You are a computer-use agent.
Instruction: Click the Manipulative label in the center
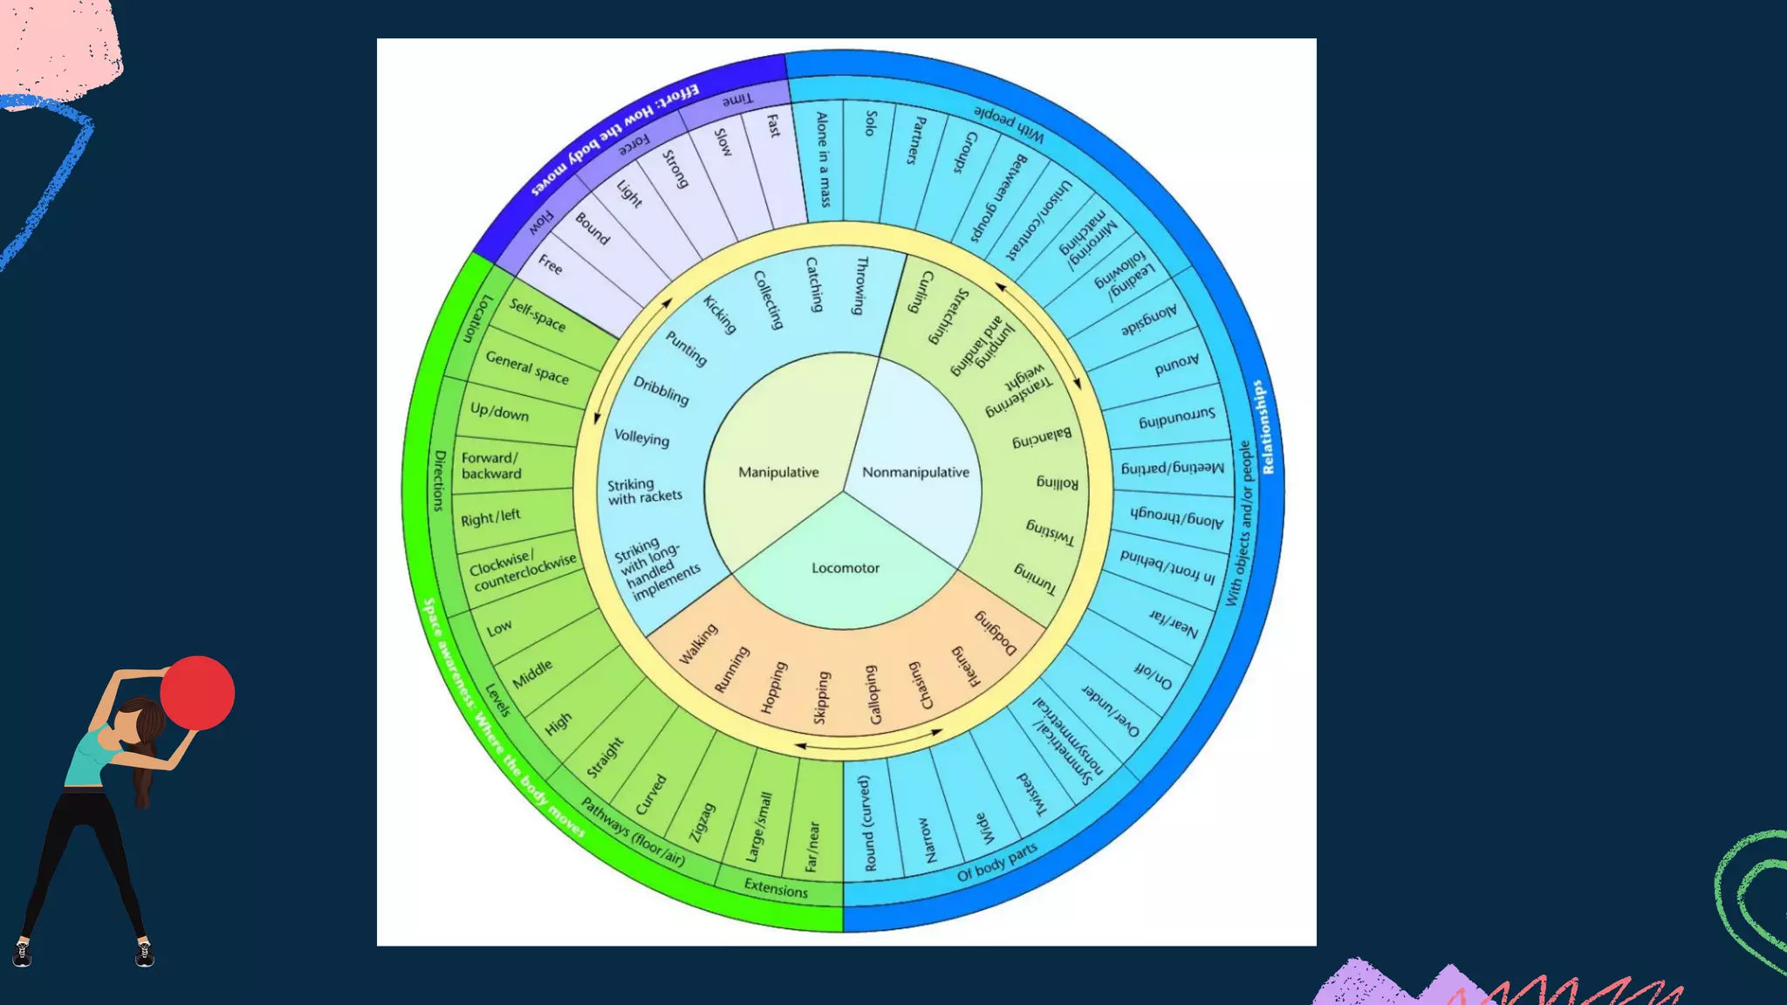coord(778,472)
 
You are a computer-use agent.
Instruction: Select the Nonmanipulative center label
coord(915,472)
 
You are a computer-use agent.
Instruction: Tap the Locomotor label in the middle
coord(846,568)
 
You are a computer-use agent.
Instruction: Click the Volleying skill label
coord(641,437)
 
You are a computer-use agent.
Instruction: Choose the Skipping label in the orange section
coord(821,697)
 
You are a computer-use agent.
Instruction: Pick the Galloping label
coord(873,694)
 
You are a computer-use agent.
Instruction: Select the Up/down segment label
coord(499,411)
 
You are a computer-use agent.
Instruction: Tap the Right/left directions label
coord(490,517)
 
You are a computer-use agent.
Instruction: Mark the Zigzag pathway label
coord(702,822)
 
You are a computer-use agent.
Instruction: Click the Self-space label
coord(537,315)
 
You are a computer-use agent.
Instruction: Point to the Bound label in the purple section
coord(592,229)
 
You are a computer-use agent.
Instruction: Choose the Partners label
coord(915,140)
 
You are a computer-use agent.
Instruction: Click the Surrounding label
coord(1176,418)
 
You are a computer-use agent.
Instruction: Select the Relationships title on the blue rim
coord(1262,427)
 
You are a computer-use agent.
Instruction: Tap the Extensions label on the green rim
coord(776,889)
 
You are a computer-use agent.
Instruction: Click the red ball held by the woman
coord(197,693)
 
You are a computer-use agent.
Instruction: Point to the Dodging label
coord(996,632)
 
